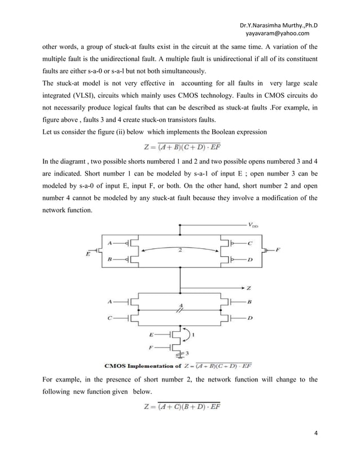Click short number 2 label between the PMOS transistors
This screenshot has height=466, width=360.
(x=180, y=249)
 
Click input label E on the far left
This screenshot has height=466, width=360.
(x=88, y=253)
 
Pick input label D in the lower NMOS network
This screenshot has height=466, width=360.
(x=250, y=318)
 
